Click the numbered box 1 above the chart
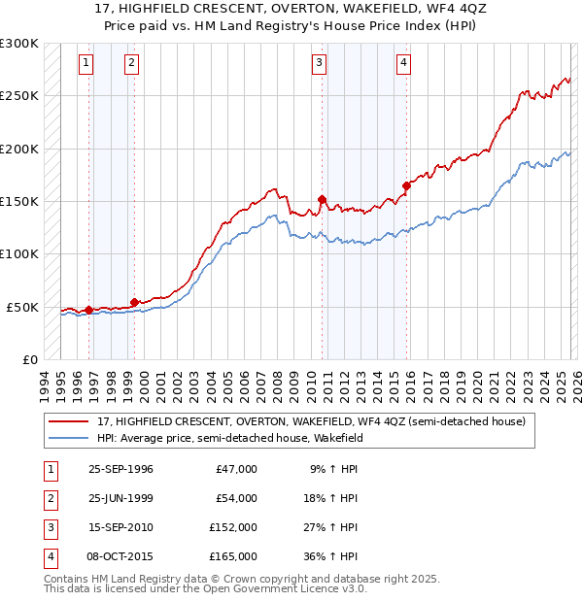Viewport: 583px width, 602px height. [86, 63]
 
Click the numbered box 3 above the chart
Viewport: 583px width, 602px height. [319, 63]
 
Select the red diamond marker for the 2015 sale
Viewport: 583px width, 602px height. [406, 185]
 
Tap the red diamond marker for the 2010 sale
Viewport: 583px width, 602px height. [322, 199]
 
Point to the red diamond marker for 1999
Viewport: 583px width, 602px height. [134, 302]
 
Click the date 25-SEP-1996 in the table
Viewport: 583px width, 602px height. [120, 469]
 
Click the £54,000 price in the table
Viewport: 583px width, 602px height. [236, 498]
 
